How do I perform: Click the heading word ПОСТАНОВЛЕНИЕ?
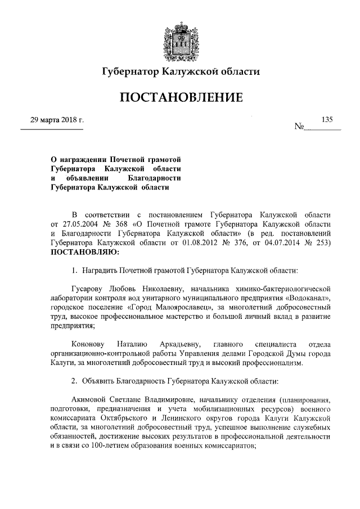pos(180,98)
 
